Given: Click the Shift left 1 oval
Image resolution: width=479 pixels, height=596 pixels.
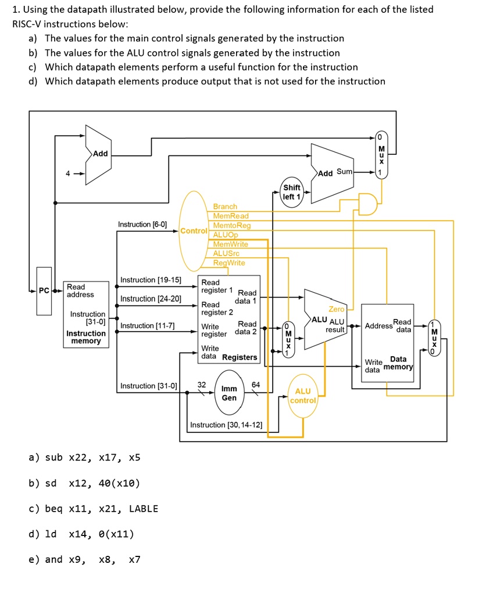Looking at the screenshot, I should pos(292,192).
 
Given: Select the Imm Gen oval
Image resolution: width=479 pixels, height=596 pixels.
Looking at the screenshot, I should pos(230,393).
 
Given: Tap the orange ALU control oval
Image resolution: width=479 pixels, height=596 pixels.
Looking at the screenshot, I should pos(303,396).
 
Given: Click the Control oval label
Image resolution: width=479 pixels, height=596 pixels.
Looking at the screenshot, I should pos(194,230).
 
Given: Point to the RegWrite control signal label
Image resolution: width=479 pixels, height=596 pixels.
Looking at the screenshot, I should pos(229,262).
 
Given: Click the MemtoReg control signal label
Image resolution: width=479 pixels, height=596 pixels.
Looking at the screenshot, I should pos(232,225).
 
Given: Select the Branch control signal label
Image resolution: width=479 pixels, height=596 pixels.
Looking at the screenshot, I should pos(225,207).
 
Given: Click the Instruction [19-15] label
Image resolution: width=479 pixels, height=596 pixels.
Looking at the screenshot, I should pos(150,280).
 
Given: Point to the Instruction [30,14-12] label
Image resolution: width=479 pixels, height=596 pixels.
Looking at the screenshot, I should pos(226,425).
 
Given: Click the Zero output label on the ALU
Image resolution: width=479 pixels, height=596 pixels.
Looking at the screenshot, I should pos(336,309).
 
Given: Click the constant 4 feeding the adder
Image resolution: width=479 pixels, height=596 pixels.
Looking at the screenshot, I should pos(67,173).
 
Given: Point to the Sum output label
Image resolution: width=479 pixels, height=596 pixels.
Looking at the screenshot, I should pos(344,172).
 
